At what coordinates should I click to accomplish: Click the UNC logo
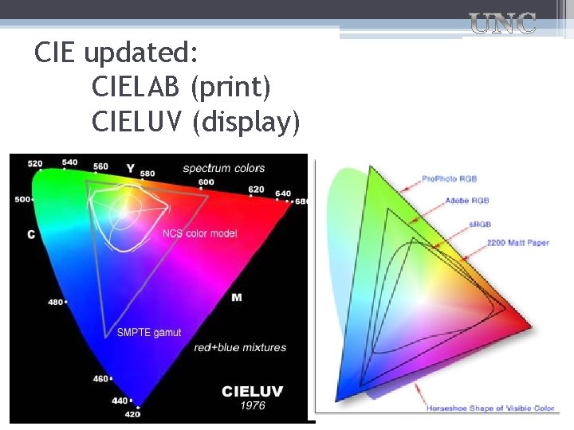(502, 24)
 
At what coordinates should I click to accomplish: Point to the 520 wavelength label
(35, 164)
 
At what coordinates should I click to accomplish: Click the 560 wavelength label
(100, 167)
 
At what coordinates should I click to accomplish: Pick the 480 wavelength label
(55, 302)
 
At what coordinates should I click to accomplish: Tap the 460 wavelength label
(100, 378)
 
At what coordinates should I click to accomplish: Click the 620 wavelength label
(256, 190)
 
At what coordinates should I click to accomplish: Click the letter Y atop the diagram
(130, 168)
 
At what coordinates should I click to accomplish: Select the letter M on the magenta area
(237, 297)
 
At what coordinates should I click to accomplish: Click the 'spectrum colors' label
(223, 168)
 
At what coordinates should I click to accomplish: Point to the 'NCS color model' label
(199, 233)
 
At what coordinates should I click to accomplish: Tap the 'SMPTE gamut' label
(149, 332)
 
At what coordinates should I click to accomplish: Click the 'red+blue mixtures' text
(240, 348)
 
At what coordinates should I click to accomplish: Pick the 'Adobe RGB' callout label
(467, 201)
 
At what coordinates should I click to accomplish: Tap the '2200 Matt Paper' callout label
(517, 242)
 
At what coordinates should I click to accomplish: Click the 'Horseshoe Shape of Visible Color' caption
(490, 408)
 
